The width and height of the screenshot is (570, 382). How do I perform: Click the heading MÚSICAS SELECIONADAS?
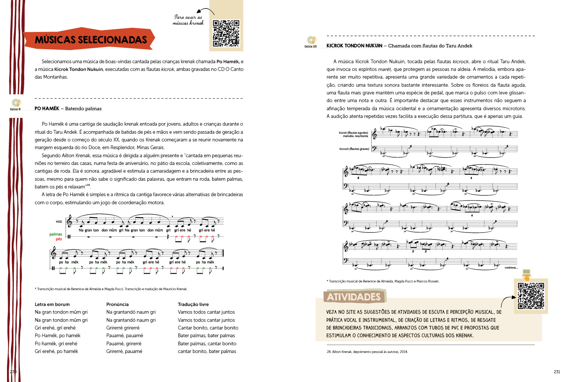(x=90, y=40)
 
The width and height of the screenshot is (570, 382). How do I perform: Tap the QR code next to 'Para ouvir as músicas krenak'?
(x=226, y=33)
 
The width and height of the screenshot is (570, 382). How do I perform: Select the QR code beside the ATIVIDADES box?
(x=531, y=296)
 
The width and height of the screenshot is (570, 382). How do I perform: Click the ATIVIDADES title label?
(x=353, y=297)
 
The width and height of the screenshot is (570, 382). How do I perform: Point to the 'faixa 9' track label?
(x=15, y=109)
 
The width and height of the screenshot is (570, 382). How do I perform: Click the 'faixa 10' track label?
(x=310, y=46)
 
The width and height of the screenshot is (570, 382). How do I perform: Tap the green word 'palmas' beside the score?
(x=56, y=234)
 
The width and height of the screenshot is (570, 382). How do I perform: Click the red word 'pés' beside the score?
(x=59, y=239)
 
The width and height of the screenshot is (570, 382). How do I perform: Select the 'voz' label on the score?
(x=59, y=221)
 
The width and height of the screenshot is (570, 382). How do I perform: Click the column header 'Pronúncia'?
(x=117, y=304)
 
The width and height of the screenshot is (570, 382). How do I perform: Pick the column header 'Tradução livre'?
(x=193, y=304)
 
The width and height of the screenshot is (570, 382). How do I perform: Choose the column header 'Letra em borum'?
(x=52, y=304)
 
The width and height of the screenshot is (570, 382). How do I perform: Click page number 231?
(x=557, y=372)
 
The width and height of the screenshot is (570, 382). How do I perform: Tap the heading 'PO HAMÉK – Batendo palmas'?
(x=68, y=109)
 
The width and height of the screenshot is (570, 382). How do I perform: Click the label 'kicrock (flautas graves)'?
(x=354, y=149)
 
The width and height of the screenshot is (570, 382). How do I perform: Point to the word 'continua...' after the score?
(x=511, y=267)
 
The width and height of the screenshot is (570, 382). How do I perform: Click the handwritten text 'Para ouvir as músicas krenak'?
(x=188, y=20)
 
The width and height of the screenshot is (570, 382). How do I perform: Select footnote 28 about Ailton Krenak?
(x=367, y=352)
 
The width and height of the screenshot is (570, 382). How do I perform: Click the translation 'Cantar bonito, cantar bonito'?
(x=208, y=328)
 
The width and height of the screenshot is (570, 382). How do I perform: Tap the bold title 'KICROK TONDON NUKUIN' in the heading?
(x=354, y=46)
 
